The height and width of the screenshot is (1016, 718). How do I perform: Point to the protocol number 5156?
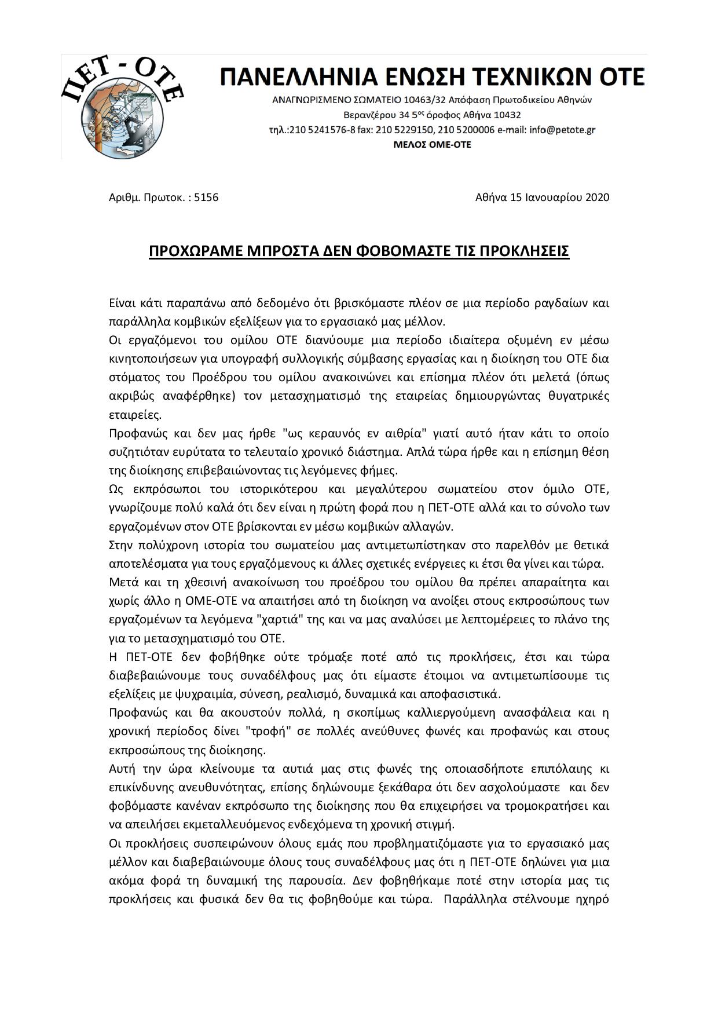[x=206, y=198]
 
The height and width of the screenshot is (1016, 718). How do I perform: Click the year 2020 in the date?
[x=598, y=198]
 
